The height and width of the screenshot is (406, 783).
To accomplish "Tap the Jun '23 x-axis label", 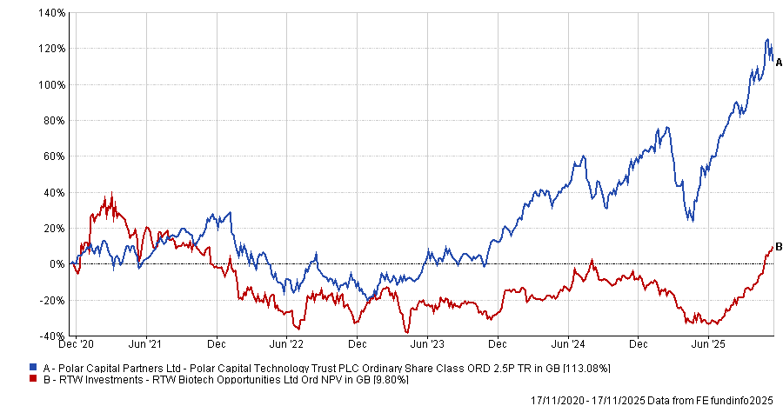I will pyautogui.click(x=427, y=345).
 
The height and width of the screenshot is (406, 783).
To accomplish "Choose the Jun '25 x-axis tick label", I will pyautogui.click(x=708, y=345).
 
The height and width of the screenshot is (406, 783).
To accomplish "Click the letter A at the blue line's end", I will pyautogui.click(x=779, y=62).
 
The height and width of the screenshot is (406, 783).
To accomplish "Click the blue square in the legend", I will pyautogui.click(x=33, y=369).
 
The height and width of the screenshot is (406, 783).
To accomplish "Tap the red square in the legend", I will pyautogui.click(x=33, y=380).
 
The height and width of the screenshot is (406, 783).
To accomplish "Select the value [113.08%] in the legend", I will pyautogui.click(x=586, y=369).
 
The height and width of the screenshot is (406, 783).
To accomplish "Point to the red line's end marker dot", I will pyautogui.click(x=771, y=248).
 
